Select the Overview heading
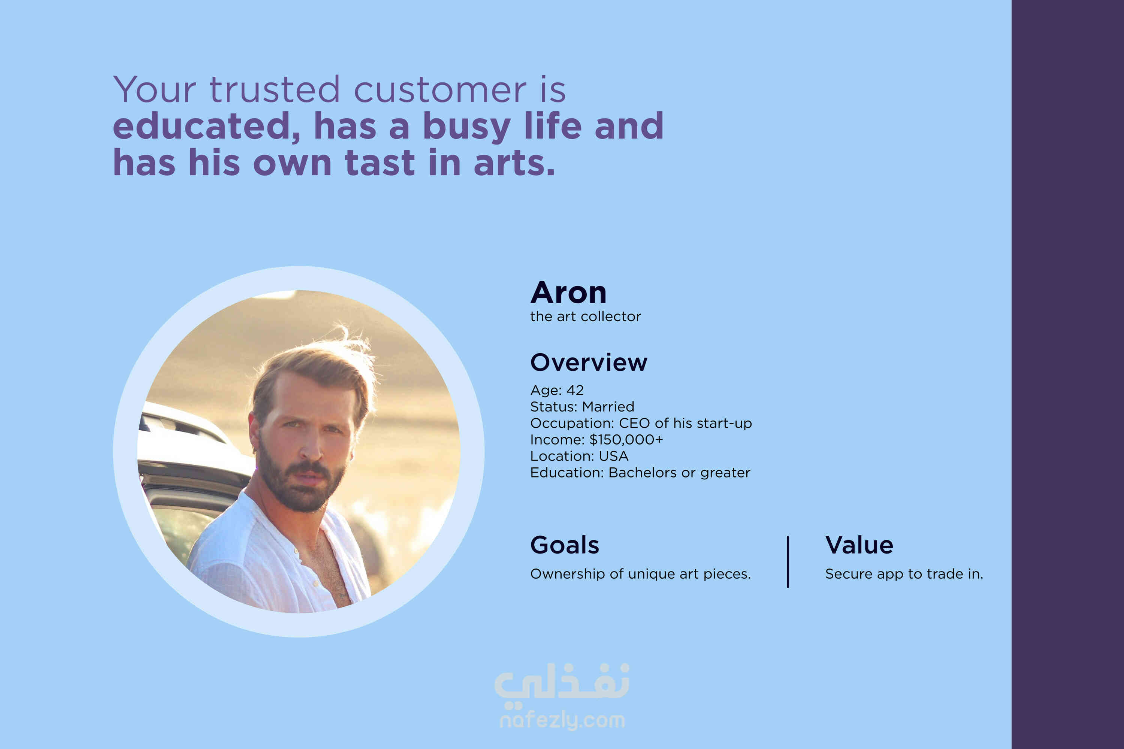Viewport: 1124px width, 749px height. (589, 363)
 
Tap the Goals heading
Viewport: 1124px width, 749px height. (564, 545)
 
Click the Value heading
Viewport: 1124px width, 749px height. (859, 545)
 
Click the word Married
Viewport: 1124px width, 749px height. (608, 406)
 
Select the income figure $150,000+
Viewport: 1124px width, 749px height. (626, 439)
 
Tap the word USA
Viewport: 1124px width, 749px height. (614, 456)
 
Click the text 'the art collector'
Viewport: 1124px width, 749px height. (585, 316)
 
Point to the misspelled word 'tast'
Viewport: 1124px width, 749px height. (380, 163)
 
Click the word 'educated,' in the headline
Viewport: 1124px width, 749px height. (206, 126)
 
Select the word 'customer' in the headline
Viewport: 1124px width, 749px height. (439, 90)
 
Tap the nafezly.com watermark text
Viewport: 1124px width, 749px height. (562, 720)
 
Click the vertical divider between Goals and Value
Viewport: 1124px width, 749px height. (788, 562)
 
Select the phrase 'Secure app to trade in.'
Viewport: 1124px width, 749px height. (904, 574)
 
